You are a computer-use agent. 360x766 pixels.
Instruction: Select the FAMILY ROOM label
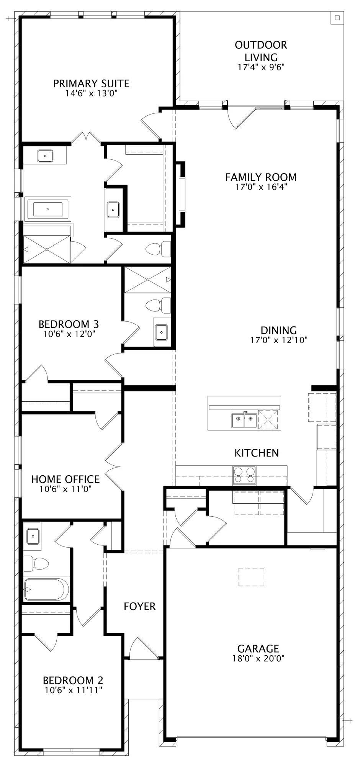[261, 177]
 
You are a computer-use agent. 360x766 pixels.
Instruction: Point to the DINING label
[279, 330]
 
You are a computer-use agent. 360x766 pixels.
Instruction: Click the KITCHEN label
[257, 453]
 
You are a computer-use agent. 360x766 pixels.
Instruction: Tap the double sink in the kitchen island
[244, 421]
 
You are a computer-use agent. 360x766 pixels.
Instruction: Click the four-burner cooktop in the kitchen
[244, 475]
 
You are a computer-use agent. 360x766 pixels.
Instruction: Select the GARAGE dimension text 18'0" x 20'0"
[258, 658]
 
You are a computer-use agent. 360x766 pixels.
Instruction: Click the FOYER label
[140, 606]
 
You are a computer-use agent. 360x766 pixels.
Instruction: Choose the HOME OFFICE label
[65, 479]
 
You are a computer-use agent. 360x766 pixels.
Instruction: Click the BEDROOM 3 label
[69, 324]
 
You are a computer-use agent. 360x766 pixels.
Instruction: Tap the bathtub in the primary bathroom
[48, 209]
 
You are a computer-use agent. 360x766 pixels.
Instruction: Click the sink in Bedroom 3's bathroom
[161, 332]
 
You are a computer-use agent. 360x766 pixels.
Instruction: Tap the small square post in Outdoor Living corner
[337, 18]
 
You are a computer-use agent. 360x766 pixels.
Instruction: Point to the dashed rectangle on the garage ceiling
[251, 577]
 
